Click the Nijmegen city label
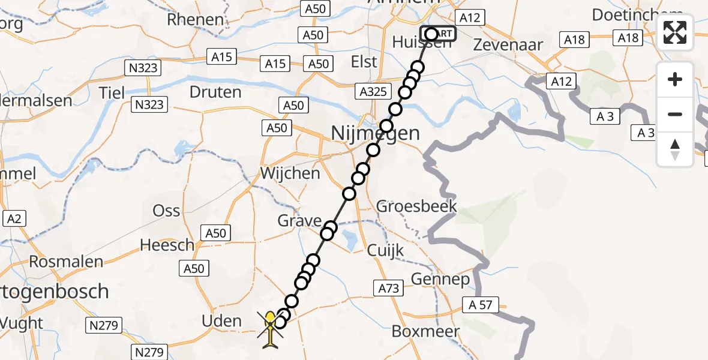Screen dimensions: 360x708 [375, 133]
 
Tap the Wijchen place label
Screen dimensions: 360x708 [290, 174]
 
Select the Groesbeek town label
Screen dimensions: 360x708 [416, 206]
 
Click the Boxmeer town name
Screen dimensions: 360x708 [425, 331]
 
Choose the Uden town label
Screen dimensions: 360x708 [222, 321]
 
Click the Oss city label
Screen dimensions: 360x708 [166, 211]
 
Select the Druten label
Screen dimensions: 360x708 [215, 92]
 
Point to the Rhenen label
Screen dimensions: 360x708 [196, 20]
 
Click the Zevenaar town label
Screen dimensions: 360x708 [508, 44]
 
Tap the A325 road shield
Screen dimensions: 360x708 [375, 92]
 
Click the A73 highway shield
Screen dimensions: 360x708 [388, 289]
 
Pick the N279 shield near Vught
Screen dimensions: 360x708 [104, 326]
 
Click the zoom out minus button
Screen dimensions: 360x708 [675, 114]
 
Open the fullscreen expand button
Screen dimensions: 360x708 [675, 32]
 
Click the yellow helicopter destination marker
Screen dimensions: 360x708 [271, 327]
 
